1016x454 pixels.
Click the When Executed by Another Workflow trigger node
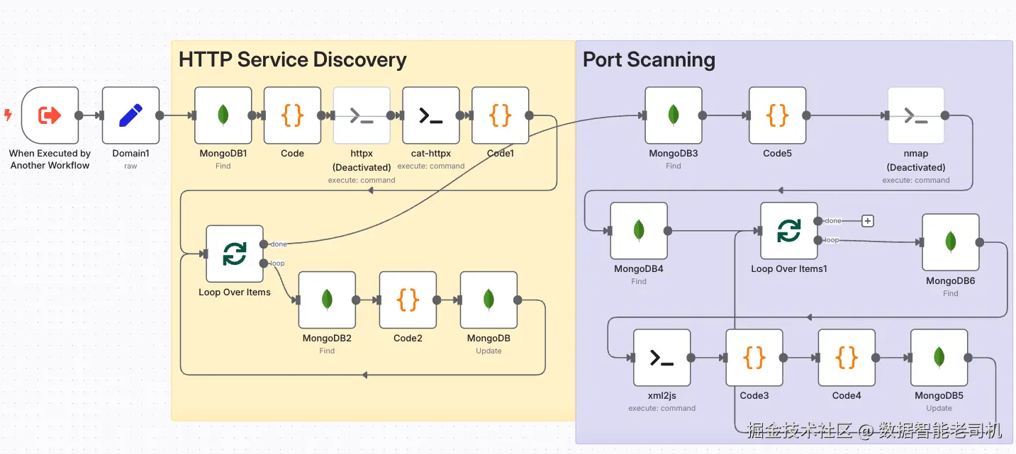tap(50, 115)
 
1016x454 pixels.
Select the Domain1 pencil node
tap(130, 115)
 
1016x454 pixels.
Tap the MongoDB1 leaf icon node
tap(223, 115)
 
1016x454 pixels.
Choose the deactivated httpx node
tap(362, 115)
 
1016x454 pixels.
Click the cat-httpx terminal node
tap(430, 115)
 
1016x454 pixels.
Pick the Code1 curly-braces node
tap(500, 115)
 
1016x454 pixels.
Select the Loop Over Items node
tap(235, 254)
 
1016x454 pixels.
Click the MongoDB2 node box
tap(327, 300)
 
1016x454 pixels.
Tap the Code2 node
tap(408, 300)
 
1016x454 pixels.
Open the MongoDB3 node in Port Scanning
tap(674, 115)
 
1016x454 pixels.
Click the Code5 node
tap(777, 115)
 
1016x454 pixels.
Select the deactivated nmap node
tap(916, 115)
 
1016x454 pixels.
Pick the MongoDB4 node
tap(639, 231)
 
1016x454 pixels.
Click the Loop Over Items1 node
tap(789, 231)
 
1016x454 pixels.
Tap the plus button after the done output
tap(867, 221)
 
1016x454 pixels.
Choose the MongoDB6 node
tap(951, 242)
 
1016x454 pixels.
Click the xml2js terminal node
tap(661, 358)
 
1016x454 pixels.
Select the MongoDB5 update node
tap(939, 358)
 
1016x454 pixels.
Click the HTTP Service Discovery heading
tap(292, 59)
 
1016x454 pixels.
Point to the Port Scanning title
tap(649, 59)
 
